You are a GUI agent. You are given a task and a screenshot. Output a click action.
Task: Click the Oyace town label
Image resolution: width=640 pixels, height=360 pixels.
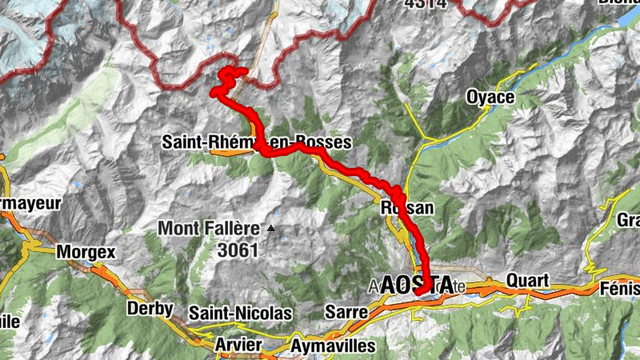coord(491,98)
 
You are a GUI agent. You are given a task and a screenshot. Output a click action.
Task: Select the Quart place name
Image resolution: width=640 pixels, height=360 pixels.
coord(526,281)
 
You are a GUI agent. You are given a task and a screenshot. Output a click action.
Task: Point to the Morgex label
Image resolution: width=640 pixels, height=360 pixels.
coord(86,252)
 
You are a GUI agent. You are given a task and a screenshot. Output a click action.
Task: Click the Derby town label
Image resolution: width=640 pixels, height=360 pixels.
coord(150,309)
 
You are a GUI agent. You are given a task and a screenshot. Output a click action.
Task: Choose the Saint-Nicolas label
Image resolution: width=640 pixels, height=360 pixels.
coord(240,313)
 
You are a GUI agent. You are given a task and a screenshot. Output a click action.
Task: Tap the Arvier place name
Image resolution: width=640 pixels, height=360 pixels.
coord(238,345)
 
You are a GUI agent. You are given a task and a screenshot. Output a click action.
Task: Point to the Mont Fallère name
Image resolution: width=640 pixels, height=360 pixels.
coord(209,228)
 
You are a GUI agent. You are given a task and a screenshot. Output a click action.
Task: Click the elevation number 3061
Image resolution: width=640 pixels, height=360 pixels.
coord(238,250)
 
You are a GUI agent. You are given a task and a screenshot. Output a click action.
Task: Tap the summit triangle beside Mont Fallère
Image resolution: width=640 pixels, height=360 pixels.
coord(270,229)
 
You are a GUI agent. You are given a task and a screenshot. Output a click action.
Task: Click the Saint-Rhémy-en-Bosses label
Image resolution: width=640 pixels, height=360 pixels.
coord(256,142)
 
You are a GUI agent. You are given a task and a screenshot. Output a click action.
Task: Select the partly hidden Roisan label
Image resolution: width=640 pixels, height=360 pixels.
coord(407,209)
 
